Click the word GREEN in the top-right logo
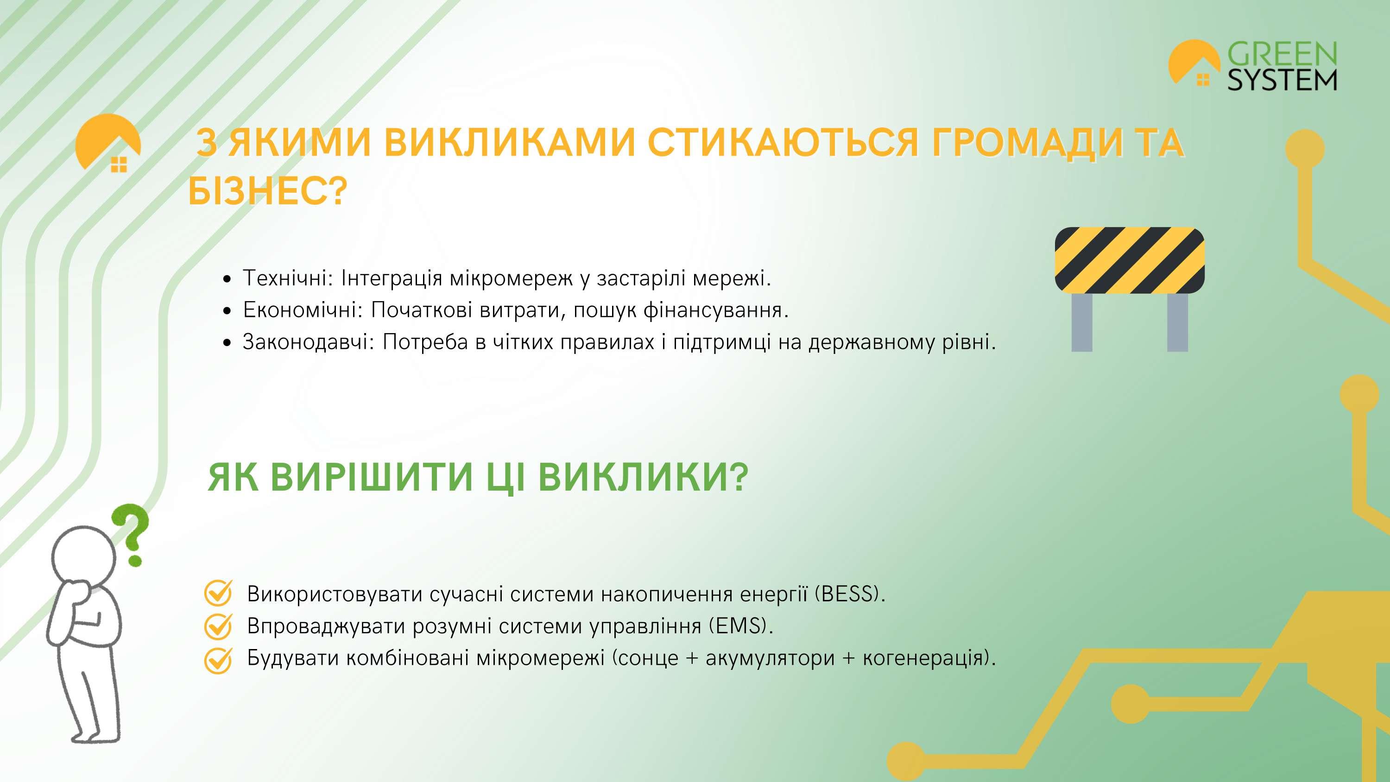pos(1282,54)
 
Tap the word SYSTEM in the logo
pos(1282,80)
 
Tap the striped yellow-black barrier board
pos(1130,261)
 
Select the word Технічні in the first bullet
pos(284,278)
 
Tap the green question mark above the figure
pos(130,534)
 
